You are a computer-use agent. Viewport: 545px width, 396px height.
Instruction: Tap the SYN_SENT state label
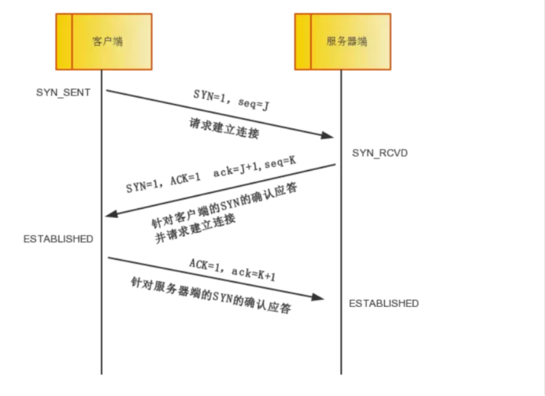63,92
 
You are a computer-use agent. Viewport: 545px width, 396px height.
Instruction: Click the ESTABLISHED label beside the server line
384,303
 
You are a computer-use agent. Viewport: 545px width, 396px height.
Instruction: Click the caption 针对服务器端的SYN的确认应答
211,296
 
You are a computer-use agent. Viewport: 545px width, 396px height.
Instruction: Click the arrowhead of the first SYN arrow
329,135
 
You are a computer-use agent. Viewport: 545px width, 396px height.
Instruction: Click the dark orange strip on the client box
63,41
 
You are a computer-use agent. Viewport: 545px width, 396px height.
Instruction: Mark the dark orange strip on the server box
302,41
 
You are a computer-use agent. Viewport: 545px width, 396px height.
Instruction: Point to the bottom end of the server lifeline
341,372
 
